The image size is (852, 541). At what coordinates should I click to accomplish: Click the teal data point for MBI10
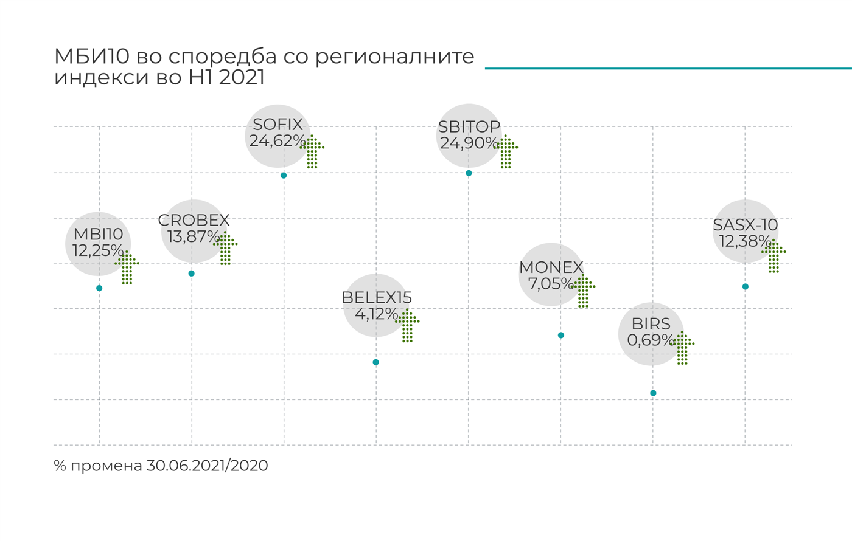coord(99,288)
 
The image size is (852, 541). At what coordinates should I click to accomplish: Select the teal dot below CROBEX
coord(192,274)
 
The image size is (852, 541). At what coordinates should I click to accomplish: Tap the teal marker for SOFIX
coord(284,176)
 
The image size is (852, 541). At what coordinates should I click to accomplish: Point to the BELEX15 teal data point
coord(376,362)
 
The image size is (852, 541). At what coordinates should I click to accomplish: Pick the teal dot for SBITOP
coord(469,173)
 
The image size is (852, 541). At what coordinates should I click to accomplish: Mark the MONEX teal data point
coord(561,336)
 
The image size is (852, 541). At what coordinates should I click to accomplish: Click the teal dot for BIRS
coord(653,393)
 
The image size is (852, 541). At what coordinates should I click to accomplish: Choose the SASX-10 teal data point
coord(745,287)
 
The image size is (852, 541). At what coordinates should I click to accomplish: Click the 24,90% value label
coord(469,143)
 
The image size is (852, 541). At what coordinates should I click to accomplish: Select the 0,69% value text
coord(651,340)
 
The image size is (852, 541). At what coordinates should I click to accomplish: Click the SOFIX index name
coord(278,125)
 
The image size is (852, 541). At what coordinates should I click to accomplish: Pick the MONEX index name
coord(551,267)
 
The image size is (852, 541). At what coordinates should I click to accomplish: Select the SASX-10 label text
coord(745,226)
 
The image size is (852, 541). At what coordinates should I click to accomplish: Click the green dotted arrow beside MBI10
coord(127,267)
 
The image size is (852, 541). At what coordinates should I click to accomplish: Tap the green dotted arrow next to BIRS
coord(682,348)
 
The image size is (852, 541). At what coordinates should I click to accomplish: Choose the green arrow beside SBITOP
coord(506,151)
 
